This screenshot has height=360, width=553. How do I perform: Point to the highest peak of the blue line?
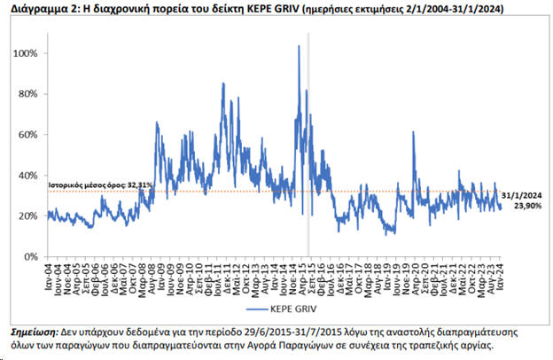click(299, 46)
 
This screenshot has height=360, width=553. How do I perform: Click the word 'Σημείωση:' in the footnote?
click(35, 329)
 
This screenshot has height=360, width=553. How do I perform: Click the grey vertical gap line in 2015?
click(308, 151)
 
